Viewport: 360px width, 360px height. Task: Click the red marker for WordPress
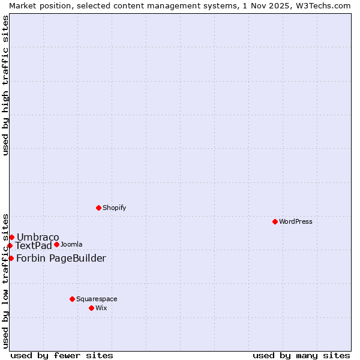(275, 221)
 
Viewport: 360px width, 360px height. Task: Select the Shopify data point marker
(98, 208)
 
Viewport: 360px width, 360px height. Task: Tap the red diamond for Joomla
(56, 244)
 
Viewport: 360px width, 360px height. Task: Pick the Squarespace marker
(72, 299)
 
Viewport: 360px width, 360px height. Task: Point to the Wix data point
(91, 308)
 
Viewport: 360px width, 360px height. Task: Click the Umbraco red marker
(11, 237)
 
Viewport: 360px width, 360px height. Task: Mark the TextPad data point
(10, 245)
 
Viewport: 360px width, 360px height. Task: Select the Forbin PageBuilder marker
(11, 258)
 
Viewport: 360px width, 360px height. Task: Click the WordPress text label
(296, 221)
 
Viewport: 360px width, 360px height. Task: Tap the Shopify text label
(114, 208)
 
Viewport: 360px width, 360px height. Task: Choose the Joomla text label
(71, 244)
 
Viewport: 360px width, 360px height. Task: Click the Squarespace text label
(97, 299)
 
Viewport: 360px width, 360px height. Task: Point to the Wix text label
(101, 308)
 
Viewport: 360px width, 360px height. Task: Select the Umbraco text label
(38, 237)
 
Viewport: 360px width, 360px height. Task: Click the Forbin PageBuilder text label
(61, 258)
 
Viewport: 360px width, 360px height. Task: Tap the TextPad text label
(34, 245)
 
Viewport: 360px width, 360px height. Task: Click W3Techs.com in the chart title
(321, 5)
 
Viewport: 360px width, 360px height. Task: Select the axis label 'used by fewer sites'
(62, 355)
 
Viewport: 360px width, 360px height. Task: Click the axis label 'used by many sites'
(301, 355)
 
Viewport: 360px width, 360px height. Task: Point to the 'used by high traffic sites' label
(5, 85)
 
